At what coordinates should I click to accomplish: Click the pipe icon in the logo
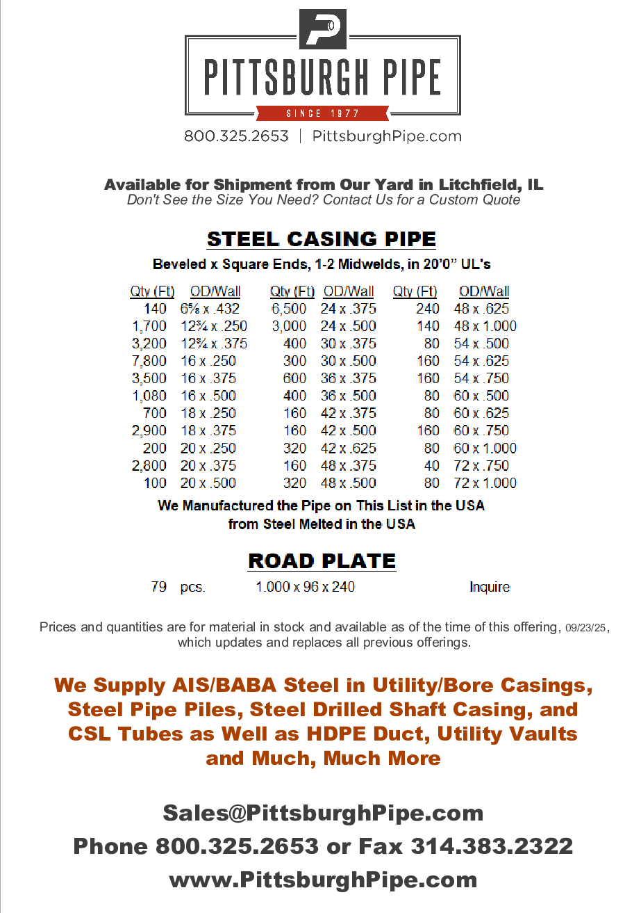(322, 29)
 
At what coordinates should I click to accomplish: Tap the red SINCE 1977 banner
(322, 113)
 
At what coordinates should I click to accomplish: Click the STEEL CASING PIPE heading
(322, 239)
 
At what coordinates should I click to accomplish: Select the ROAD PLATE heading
(322, 561)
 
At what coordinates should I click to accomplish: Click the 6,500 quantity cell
(288, 309)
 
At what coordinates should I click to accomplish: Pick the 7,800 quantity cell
(149, 361)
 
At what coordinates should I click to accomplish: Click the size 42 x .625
(348, 449)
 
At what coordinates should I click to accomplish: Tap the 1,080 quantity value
(149, 396)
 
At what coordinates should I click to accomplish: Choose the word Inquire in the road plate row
(490, 587)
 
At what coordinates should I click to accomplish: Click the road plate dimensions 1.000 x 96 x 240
(305, 587)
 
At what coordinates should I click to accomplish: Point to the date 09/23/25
(586, 628)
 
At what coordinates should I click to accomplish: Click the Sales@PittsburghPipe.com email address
(323, 812)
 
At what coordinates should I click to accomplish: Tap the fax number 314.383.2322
(492, 846)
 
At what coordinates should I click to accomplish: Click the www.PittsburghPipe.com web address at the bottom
(323, 880)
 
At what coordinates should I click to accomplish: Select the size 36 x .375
(348, 378)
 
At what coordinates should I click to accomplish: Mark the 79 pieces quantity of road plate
(158, 587)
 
